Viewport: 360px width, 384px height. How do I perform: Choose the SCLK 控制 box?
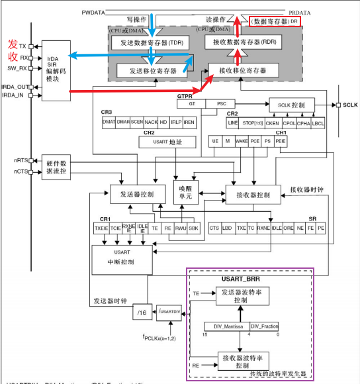tap(292, 105)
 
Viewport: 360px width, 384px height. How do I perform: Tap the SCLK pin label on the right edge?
tap(351, 105)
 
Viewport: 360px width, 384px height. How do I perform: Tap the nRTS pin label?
tap(21, 160)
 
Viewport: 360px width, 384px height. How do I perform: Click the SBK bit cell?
tap(193, 228)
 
